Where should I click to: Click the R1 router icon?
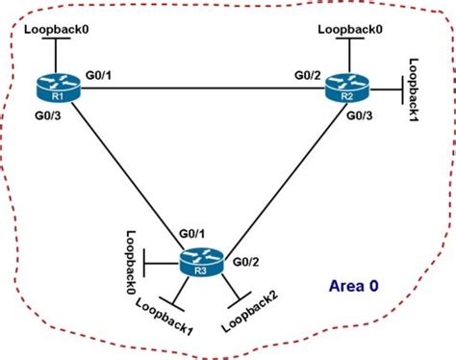pyautogui.click(x=56, y=91)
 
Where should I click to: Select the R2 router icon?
pyautogui.click(x=347, y=90)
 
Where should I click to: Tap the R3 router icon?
pyautogui.click(x=199, y=262)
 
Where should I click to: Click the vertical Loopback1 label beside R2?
pyautogui.click(x=415, y=91)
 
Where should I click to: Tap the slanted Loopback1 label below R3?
pyautogui.click(x=166, y=315)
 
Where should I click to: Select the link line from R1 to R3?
pyautogui.click(x=125, y=173)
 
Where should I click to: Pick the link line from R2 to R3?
pyautogui.click(x=279, y=173)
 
